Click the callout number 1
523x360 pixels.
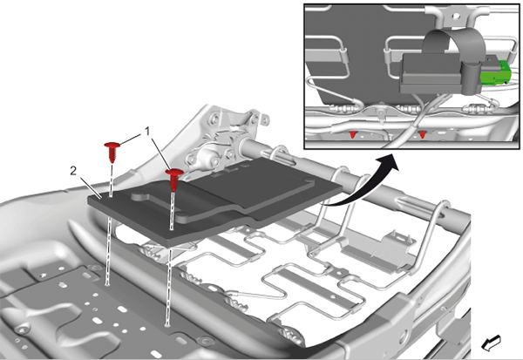147,132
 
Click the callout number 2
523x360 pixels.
73,171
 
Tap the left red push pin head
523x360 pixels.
112,146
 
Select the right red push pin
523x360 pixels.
174,180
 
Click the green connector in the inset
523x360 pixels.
495,72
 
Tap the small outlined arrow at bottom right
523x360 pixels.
491,343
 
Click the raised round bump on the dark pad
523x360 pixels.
139,196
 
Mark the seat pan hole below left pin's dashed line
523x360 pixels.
106,284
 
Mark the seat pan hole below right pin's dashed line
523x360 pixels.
166,323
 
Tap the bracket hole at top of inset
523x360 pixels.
456,16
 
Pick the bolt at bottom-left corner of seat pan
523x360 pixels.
23,329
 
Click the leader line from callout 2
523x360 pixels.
90,187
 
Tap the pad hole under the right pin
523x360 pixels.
171,229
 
